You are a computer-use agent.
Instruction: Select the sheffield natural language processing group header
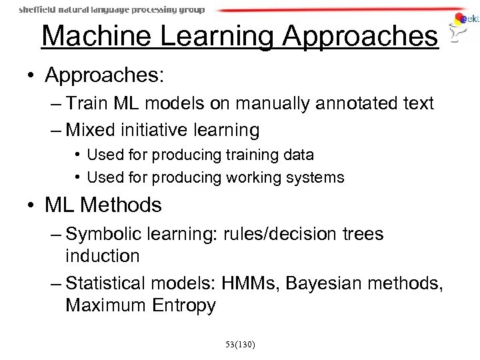click(112, 10)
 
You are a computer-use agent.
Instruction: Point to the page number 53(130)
click(240, 345)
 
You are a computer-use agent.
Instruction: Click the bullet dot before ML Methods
click(33, 205)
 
